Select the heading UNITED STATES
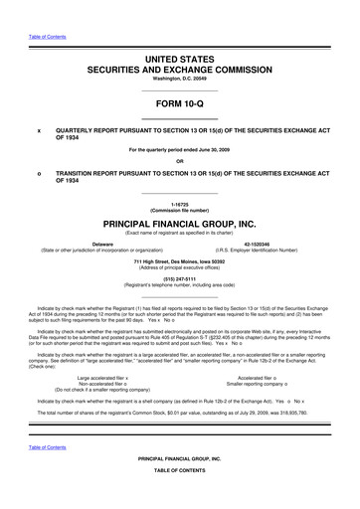(x=180, y=35)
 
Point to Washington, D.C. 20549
(x=180, y=59)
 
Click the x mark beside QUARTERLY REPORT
(x=39, y=129)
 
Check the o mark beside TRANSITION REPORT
(x=39, y=177)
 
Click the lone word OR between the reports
(x=180, y=164)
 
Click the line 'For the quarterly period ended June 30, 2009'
(x=180, y=150)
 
